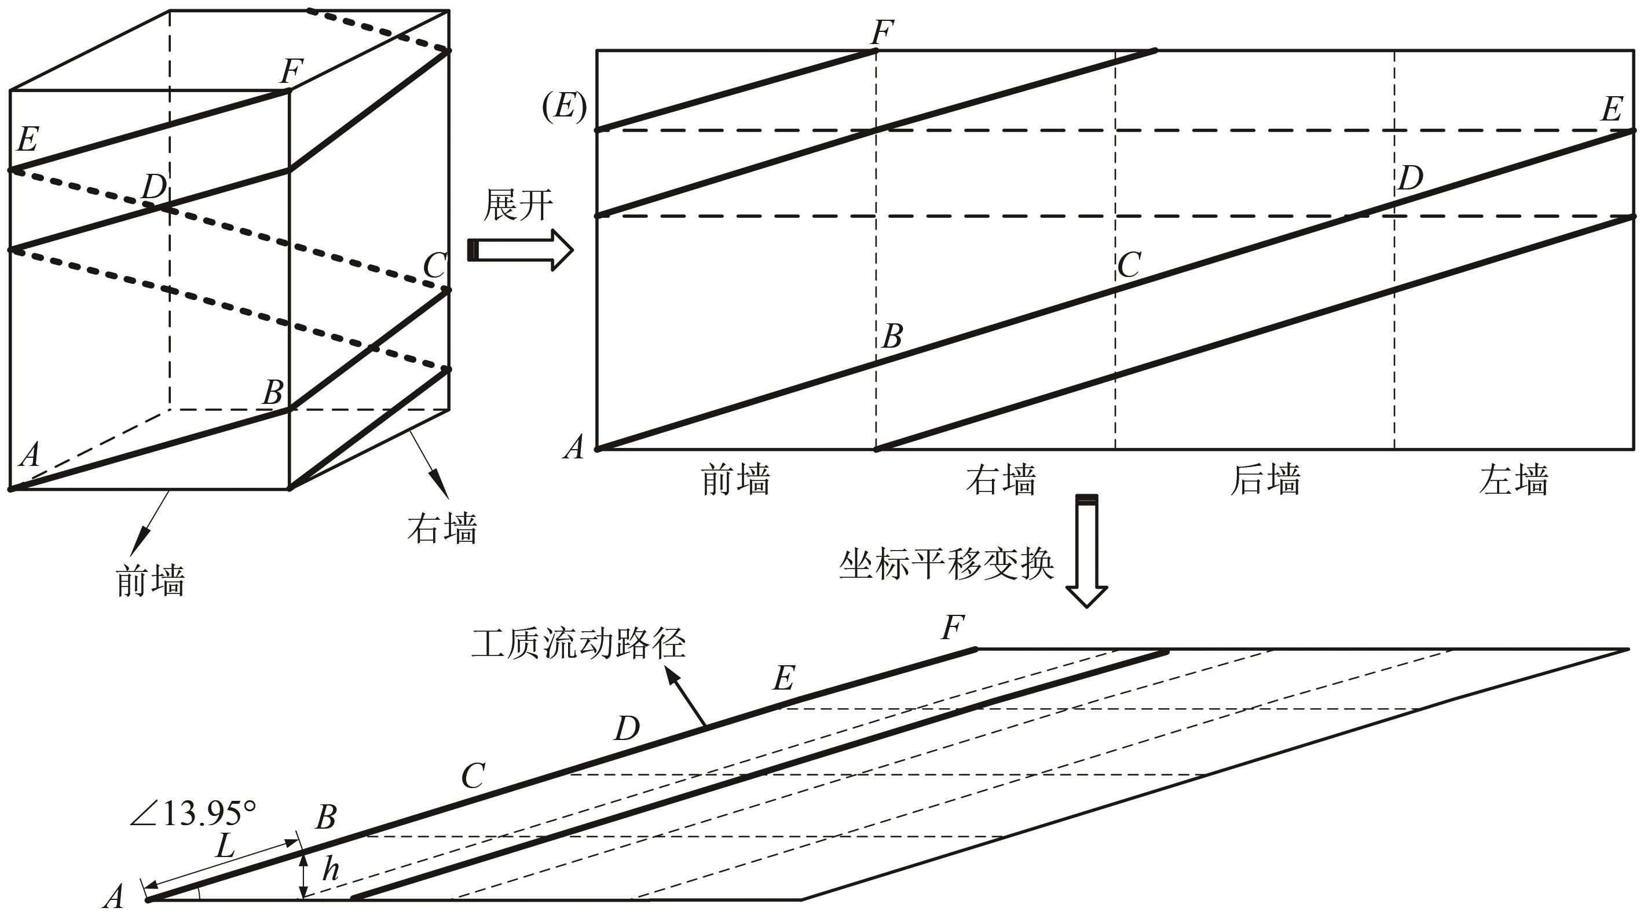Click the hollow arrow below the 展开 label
[x=520, y=250]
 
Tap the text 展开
[x=518, y=205]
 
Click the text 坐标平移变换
[x=946, y=564]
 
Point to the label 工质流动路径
[x=578, y=644]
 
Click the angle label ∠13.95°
[x=193, y=814]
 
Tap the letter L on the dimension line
[x=226, y=847]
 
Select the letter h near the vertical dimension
[x=330, y=869]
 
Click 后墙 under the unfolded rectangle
[x=1265, y=480]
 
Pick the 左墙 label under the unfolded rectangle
[x=1513, y=480]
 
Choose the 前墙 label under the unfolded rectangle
[x=736, y=480]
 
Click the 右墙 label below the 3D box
[x=442, y=528]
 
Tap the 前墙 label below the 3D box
[x=151, y=581]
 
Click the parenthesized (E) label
[x=564, y=106]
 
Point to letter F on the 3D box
[x=292, y=70]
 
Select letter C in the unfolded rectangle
[x=1130, y=264]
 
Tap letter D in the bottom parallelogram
[x=627, y=728]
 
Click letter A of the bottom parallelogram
[x=113, y=896]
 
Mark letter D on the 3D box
[x=154, y=187]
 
